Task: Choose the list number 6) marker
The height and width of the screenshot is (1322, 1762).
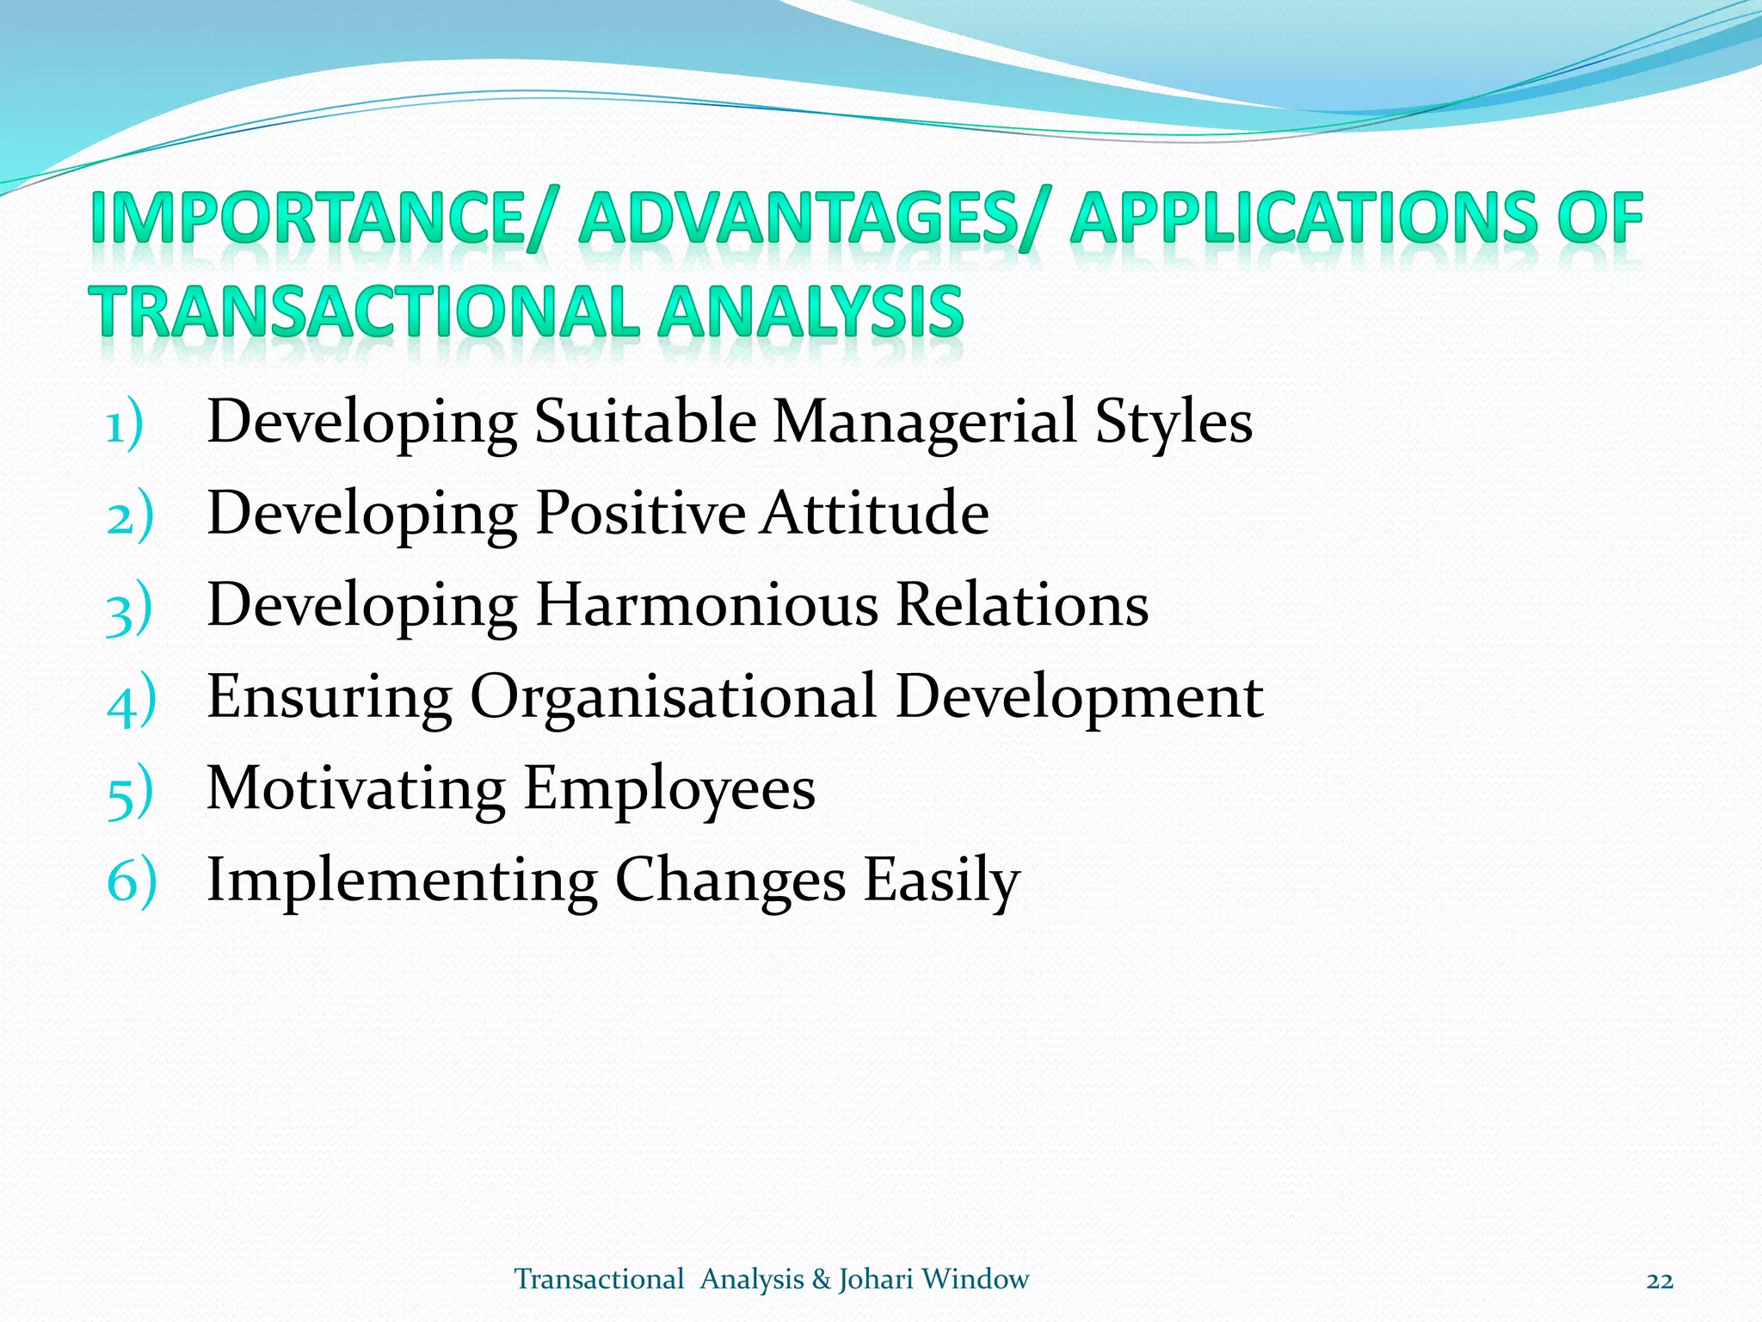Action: (x=131, y=883)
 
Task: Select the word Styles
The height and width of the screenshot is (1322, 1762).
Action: (x=1174, y=423)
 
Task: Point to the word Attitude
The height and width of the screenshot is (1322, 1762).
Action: (x=875, y=513)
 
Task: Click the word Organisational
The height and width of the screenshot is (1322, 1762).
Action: (x=673, y=697)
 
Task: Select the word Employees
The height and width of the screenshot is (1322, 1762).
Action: (x=669, y=790)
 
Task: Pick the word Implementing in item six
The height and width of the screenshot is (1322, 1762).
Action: (x=402, y=881)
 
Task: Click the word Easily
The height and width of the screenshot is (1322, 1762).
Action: (x=941, y=881)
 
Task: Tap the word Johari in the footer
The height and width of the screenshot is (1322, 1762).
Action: (x=876, y=1280)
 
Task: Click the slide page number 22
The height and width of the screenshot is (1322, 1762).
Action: (x=1660, y=1282)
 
